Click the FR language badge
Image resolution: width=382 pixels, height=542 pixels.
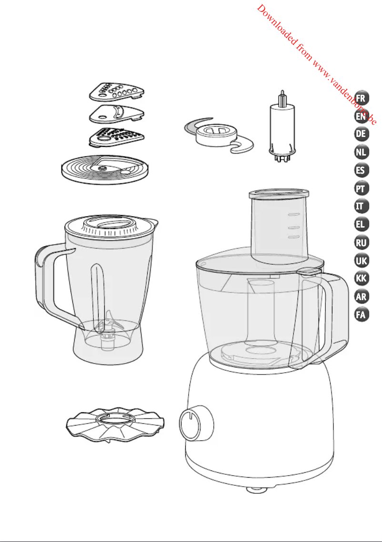point(362,98)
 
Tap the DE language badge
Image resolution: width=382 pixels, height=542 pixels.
point(362,134)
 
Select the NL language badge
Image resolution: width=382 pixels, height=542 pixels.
point(362,152)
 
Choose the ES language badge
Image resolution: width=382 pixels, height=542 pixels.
point(362,170)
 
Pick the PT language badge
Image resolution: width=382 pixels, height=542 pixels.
point(362,188)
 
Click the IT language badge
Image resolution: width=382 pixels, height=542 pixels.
point(362,207)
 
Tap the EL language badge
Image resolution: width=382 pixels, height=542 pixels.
point(362,224)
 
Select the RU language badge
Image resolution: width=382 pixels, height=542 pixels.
point(362,243)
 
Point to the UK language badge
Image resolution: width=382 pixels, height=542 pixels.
point(362,261)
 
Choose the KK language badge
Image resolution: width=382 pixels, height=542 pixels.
point(362,278)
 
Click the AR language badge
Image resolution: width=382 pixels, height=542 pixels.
point(362,297)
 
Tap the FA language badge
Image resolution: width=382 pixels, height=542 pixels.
point(362,314)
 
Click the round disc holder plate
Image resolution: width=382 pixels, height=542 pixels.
point(105,169)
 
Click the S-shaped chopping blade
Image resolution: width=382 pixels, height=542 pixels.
point(219,135)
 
